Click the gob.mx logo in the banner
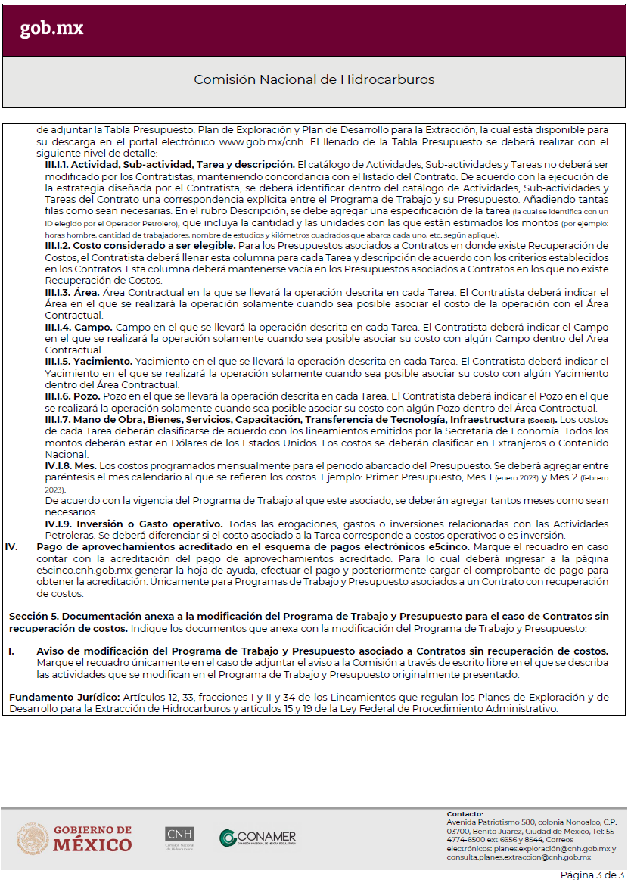coord(51,29)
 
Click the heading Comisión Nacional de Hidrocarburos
coord(314,79)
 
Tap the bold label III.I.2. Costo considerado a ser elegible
coord(140,246)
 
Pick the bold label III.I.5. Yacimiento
coord(89,361)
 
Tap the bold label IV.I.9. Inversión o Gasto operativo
coord(134,524)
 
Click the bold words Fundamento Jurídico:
coord(56,697)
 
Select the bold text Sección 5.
coord(34,617)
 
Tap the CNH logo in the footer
coord(179,838)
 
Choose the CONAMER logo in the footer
coord(258,838)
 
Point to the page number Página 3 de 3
coord(592,875)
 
